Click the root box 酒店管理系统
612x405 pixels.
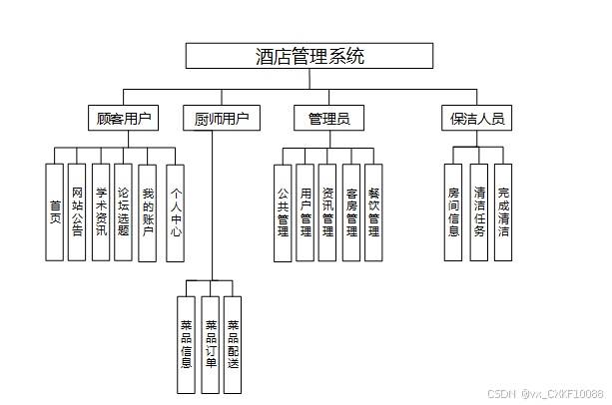point(309,56)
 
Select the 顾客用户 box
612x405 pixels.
point(123,119)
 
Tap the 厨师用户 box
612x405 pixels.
point(222,119)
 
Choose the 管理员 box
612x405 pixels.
point(328,119)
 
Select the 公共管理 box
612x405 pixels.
point(283,211)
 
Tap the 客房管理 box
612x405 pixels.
point(351,211)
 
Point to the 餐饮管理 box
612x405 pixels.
point(373,211)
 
